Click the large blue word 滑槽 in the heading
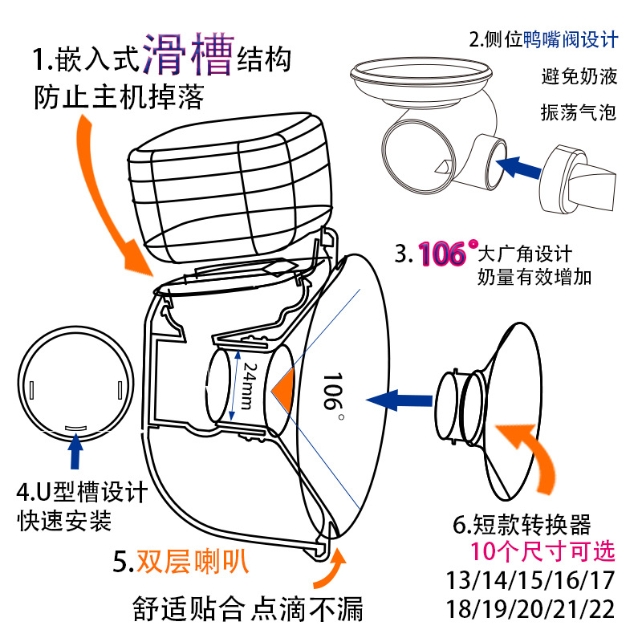(x=188, y=55)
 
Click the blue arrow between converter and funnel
(x=396, y=397)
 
